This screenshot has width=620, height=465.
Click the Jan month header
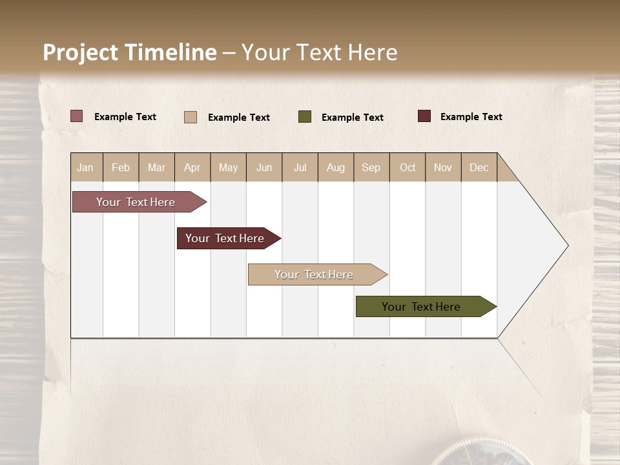86,167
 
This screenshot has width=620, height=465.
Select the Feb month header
121,167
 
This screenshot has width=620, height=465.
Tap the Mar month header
156,167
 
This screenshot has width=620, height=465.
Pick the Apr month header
192,167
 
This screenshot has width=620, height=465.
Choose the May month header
228,167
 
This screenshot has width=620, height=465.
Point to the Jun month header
264,167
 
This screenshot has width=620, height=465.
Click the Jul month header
300,167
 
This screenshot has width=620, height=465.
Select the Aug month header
336,167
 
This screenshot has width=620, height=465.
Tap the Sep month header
371,167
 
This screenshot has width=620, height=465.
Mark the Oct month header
408,167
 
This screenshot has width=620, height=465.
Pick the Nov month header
443,167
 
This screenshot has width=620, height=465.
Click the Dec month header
479,167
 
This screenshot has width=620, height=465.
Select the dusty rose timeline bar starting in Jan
136,202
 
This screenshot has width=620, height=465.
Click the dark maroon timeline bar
225,238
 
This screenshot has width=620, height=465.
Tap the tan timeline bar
315,274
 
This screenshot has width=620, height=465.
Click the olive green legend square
305,117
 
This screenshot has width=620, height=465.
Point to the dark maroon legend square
424,116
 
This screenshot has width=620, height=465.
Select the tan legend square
191,117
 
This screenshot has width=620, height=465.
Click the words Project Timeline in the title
130,52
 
